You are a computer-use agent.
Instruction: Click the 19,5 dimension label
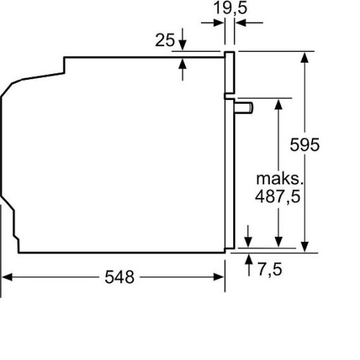(x=230, y=8)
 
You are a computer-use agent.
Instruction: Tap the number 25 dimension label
(x=165, y=40)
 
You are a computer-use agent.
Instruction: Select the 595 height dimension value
(x=305, y=145)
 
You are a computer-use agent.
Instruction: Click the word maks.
(x=279, y=179)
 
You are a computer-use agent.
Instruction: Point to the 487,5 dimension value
(x=278, y=197)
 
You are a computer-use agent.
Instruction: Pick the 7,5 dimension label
(x=270, y=269)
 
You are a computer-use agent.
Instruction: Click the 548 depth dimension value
(x=120, y=277)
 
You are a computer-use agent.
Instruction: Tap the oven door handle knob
(x=243, y=107)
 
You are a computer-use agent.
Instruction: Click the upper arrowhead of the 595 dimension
(x=305, y=58)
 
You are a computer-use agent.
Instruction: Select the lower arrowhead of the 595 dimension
(x=305, y=247)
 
